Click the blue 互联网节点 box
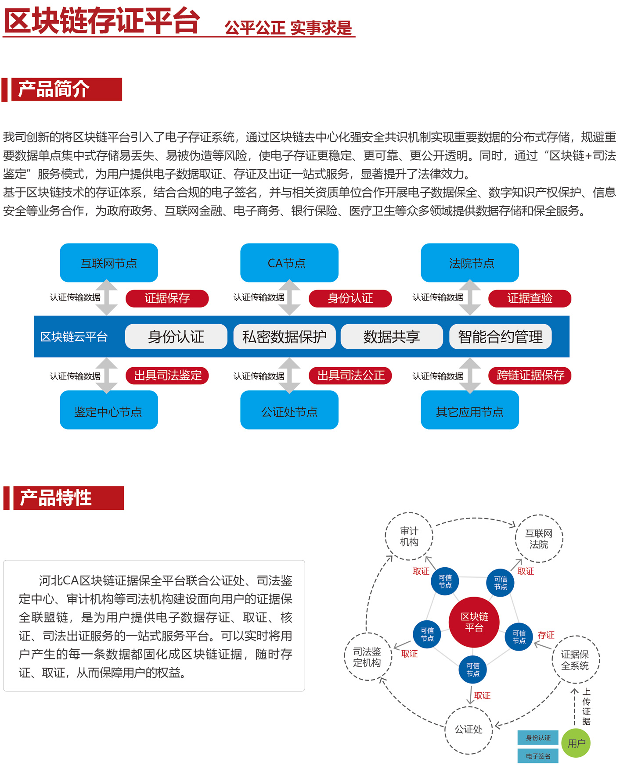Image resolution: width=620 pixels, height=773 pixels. point(109,263)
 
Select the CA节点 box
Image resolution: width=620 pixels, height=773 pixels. point(289,263)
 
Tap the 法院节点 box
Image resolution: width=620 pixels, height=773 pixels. point(470,263)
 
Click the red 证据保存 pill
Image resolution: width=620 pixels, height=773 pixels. point(167,298)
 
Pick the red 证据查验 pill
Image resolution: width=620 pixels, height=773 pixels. point(530,298)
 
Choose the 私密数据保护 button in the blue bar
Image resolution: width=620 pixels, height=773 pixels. point(285,336)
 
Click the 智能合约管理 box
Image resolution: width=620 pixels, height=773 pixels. point(500,336)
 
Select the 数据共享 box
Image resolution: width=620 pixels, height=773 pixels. point(392,336)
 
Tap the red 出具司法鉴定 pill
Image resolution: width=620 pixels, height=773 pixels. point(167,376)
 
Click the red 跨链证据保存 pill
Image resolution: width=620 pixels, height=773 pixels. point(530,376)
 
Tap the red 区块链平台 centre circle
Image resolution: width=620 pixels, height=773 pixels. point(474,622)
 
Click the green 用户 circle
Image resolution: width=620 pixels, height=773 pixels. point(576,743)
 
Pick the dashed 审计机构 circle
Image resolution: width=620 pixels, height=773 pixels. point(409,536)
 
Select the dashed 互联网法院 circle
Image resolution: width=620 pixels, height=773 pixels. point(539,539)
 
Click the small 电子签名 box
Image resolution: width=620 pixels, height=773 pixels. point(538,756)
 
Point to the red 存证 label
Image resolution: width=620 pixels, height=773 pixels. point(546,635)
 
